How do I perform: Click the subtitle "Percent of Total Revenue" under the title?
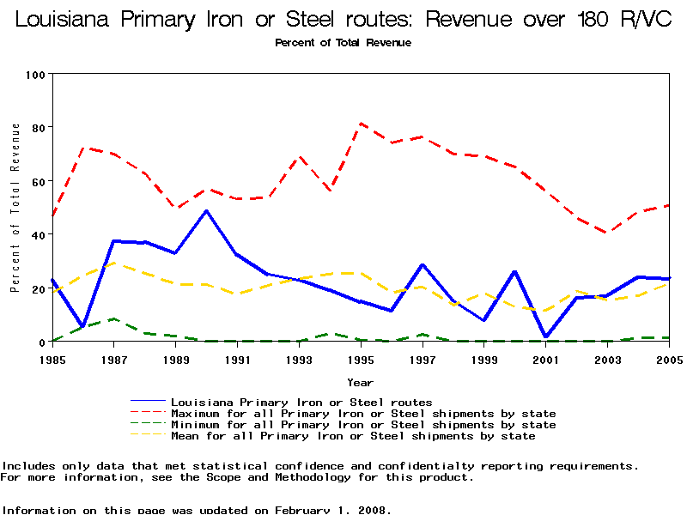(x=343, y=42)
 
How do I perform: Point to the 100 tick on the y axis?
(x=35, y=74)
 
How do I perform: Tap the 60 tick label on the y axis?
(x=38, y=181)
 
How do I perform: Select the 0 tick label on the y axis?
(x=41, y=342)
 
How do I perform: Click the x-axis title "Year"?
(x=360, y=381)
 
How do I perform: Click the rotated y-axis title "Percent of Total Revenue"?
(x=15, y=208)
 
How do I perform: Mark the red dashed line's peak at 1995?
(x=361, y=123)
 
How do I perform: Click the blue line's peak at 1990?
(x=206, y=211)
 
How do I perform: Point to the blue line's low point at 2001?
(x=545, y=337)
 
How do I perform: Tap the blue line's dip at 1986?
(x=83, y=326)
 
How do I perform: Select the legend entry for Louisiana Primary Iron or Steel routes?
(x=301, y=402)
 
